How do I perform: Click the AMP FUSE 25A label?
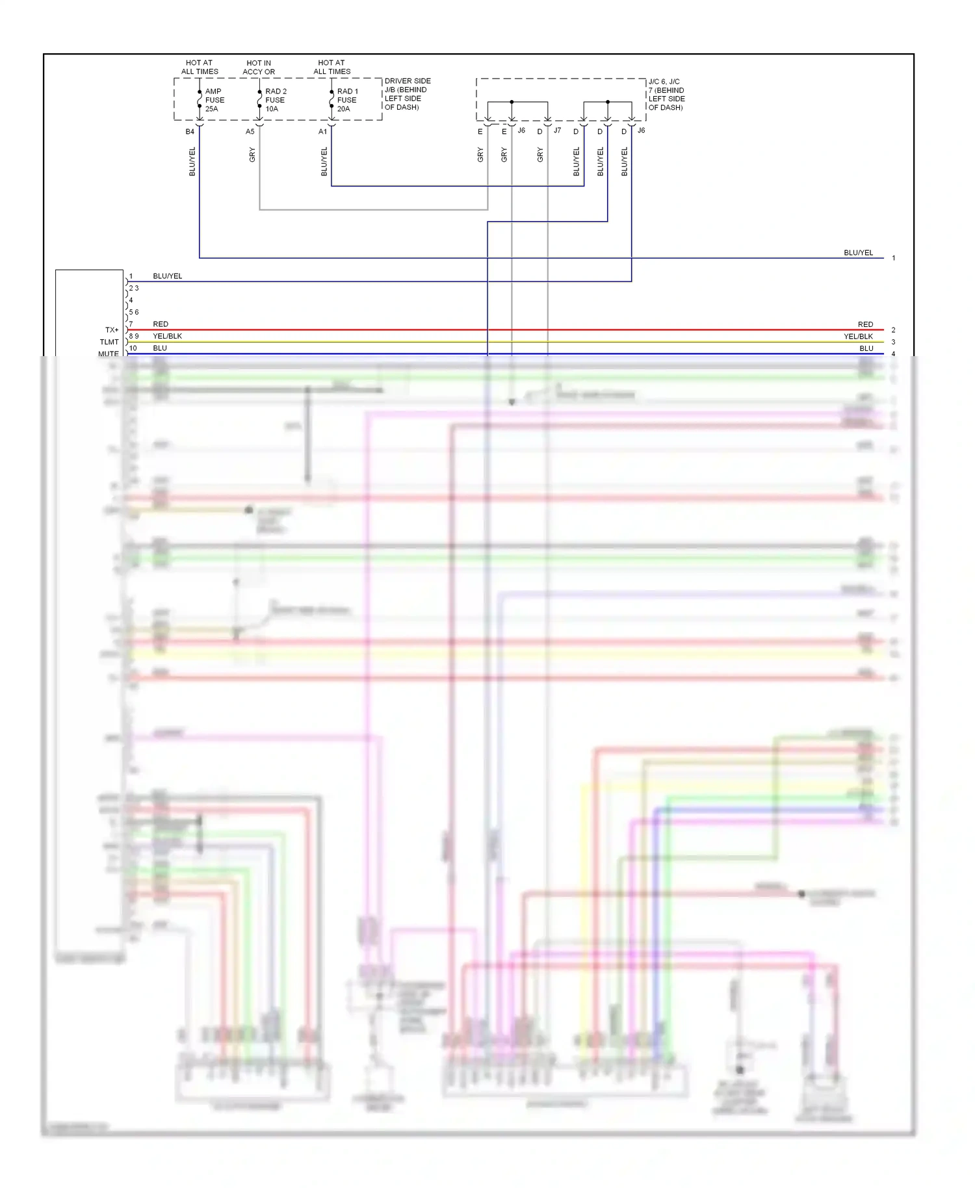(x=214, y=100)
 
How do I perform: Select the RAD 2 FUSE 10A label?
(x=276, y=100)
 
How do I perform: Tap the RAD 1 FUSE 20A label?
(x=347, y=100)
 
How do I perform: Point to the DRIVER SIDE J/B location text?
(x=407, y=94)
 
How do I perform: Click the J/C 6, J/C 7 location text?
(x=666, y=95)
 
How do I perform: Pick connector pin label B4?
(x=190, y=132)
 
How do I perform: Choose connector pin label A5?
(x=250, y=132)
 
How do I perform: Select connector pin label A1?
(x=322, y=132)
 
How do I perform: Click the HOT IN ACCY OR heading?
(x=259, y=68)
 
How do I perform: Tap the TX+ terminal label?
(x=112, y=330)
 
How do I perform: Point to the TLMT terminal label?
(x=109, y=342)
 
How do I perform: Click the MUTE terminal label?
(x=109, y=354)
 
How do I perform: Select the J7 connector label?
(x=557, y=131)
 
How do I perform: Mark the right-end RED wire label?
(x=865, y=324)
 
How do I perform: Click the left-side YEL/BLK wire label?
(x=167, y=336)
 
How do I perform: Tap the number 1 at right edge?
(x=894, y=258)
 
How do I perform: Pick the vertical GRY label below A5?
(x=252, y=155)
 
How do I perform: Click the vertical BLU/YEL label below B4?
(x=192, y=161)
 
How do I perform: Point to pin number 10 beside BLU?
(x=133, y=348)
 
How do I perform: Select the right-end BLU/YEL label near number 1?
(x=858, y=253)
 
